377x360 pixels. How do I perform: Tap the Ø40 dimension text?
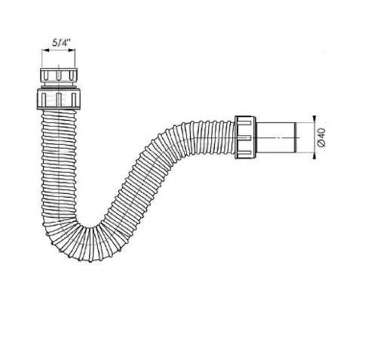[321, 137]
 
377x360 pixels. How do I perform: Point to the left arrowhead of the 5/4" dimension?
[44, 51]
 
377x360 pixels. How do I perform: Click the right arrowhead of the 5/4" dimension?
[72, 51]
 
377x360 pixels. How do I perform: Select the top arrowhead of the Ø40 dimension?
[314, 118]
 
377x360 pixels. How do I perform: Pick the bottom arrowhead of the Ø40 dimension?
[314, 156]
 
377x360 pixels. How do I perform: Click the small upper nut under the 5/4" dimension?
[59, 74]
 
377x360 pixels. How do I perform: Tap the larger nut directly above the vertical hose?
[59, 99]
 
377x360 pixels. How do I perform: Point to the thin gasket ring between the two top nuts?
[59, 87]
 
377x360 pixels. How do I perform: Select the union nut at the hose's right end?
[246, 137]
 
